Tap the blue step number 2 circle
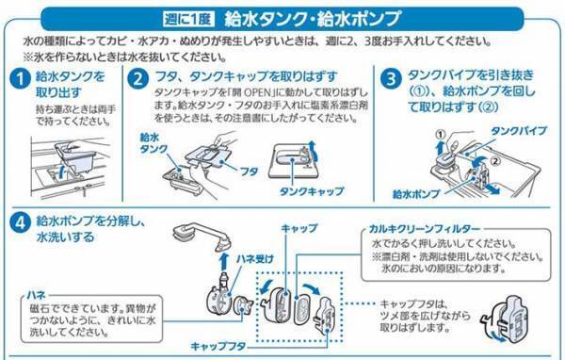tap(138, 80)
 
